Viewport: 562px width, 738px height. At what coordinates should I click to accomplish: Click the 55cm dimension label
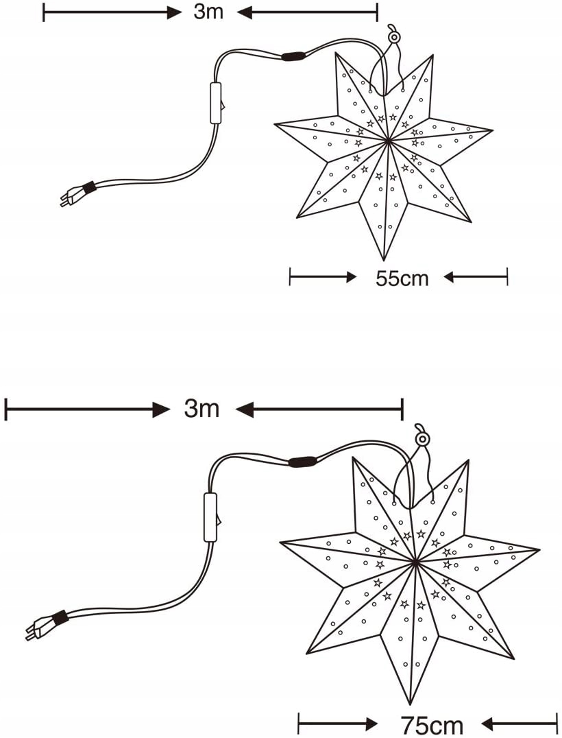point(402,278)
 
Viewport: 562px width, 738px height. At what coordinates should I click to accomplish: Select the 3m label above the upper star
point(208,12)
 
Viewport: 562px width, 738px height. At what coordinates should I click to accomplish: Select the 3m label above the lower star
point(201,409)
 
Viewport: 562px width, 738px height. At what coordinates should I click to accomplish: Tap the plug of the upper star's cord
point(68,199)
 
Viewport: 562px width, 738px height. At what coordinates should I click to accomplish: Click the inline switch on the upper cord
point(216,103)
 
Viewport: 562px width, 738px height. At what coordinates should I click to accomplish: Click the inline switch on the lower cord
point(210,517)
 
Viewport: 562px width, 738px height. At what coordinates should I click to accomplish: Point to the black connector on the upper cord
point(294,56)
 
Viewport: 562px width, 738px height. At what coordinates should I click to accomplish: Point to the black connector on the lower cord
point(302,462)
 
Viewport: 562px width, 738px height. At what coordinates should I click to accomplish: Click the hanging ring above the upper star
point(394,36)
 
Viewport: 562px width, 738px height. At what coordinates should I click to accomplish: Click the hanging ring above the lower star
point(422,438)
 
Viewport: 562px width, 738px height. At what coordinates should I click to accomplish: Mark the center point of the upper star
point(388,141)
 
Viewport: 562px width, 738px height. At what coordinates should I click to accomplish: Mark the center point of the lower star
point(415,562)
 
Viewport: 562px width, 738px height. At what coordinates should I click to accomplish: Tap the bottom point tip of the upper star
point(382,260)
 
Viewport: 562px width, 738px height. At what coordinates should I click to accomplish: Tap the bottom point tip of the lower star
point(410,704)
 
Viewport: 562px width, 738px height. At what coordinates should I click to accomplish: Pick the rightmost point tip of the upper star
point(493,129)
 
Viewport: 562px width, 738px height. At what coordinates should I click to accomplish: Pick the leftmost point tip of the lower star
point(280,543)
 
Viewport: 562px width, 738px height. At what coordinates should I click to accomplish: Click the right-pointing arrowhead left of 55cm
point(350,277)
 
